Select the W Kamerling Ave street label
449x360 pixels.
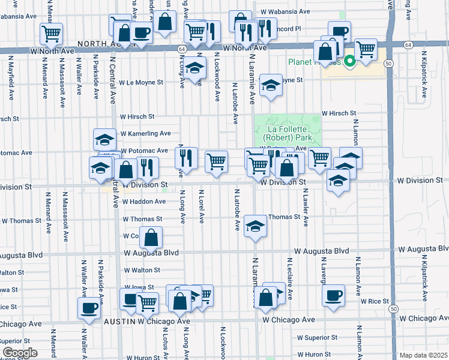[145, 133]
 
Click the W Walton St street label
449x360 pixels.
[142, 271]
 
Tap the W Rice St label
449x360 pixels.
[373, 301]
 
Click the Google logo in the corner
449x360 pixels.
[20, 353]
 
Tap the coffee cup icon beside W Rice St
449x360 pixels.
[333, 295]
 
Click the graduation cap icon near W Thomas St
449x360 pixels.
[255, 226]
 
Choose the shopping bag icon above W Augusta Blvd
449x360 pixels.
[152, 238]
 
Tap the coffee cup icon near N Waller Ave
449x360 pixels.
[89, 308]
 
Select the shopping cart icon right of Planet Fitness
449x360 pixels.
[365, 49]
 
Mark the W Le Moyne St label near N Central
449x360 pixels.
[141, 83]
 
